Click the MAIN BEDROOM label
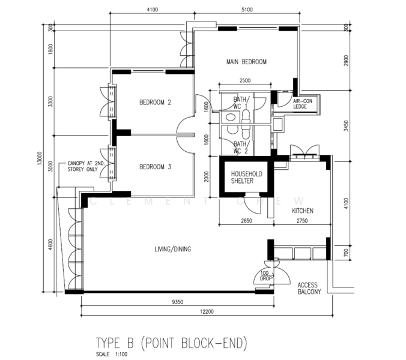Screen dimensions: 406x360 click(x=246, y=62)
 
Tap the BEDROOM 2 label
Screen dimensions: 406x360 click(x=155, y=103)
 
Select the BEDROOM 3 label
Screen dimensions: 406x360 click(x=155, y=167)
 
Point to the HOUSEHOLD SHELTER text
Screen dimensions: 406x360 click(x=246, y=178)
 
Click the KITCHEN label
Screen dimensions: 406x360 click(x=303, y=211)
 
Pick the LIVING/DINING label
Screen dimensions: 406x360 click(x=173, y=249)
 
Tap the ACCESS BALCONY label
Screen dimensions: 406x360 click(x=309, y=289)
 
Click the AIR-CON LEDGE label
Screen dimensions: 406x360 click(x=303, y=104)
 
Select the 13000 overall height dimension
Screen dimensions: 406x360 click(x=39, y=158)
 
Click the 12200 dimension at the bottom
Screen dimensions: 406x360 click(x=207, y=311)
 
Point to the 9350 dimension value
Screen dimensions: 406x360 click(x=177, y=302)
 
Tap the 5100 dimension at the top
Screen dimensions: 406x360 click(x=247, y=10)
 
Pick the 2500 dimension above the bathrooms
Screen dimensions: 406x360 click(x=244, y=80)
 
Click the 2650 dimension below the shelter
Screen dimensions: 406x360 click(x=246, y=221)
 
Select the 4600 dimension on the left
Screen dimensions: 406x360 click(x=50, y=244)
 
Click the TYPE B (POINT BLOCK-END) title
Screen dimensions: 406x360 click(x=171, y=343)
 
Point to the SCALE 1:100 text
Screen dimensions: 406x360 click(x=112, y=355)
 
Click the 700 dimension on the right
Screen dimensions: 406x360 click(x=347, y=252)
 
